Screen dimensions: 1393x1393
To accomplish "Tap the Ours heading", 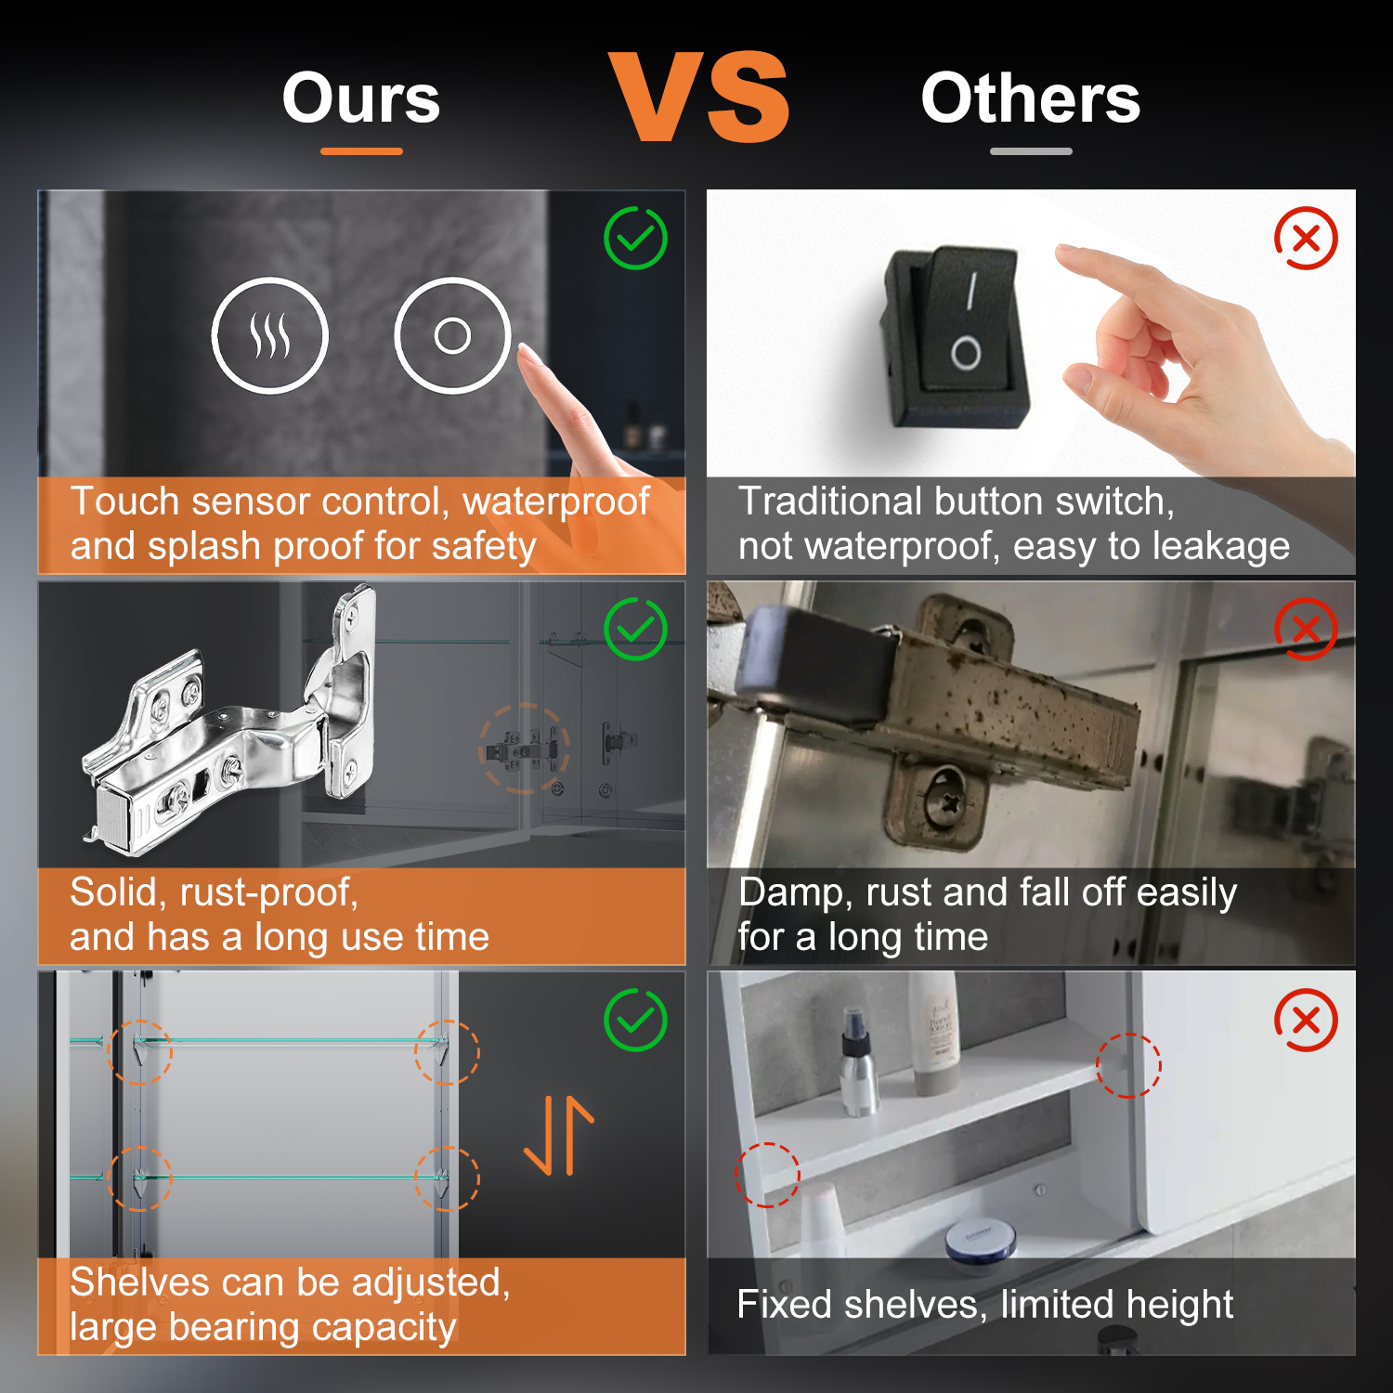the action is click(x=361, y=98).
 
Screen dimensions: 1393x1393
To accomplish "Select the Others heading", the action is click(x=1031, y=98).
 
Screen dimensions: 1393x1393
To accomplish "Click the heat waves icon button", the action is click(x=270, y=335).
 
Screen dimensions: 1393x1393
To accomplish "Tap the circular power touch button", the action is click(x=452, y=335).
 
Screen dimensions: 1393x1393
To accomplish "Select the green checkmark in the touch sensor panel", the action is click(x=636, y=238).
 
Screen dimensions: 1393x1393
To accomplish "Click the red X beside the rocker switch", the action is click(x=1306, y=238).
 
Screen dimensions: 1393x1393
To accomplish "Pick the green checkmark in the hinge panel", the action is click(x=636, y=629).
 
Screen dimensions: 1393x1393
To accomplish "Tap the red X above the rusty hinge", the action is click(x=1306, y=629).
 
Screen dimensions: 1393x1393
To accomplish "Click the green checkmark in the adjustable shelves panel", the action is click(x=636, y=1020).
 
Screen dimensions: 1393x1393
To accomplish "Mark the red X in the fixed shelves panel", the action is click(x=1306, y=1020).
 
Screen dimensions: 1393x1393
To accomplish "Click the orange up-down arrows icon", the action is click(x=559, y=1135).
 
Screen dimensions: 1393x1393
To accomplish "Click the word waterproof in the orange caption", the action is click(x=556, y=501).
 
